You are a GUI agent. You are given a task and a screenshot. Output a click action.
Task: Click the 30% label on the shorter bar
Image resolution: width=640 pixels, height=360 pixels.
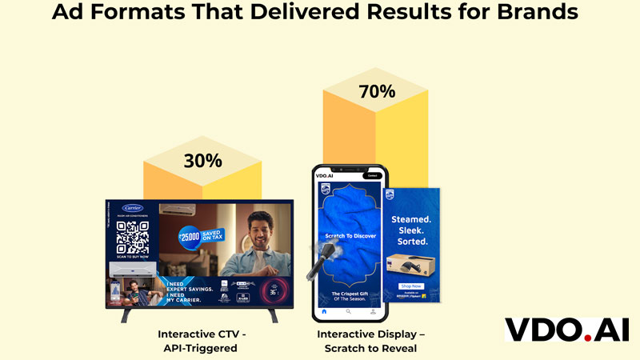point(202,160)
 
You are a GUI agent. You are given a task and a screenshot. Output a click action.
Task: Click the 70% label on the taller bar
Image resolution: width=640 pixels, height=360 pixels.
point(378,91)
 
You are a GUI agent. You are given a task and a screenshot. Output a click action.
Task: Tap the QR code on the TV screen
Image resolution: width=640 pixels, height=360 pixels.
point(133,236)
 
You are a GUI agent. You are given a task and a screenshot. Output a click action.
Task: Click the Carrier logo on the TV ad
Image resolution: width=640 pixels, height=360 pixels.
point(132,208)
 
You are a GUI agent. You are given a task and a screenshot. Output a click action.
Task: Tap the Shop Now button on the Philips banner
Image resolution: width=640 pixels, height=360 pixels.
point(411,286)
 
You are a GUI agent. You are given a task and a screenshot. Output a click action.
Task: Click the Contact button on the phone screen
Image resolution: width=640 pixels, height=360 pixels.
point(371,175)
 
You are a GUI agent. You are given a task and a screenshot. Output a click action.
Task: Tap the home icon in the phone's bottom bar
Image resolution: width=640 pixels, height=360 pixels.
point(324,310)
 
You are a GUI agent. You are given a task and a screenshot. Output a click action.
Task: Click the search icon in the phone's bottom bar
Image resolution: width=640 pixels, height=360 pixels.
point(348,310)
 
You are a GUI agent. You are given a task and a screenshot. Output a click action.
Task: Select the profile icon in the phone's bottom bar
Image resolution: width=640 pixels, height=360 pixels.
point(372,310)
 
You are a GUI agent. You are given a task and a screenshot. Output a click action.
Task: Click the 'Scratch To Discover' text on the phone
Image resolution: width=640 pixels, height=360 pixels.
point(349,235)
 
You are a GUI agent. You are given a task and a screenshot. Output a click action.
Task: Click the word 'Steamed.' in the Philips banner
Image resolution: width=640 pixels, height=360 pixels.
point(411,218)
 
